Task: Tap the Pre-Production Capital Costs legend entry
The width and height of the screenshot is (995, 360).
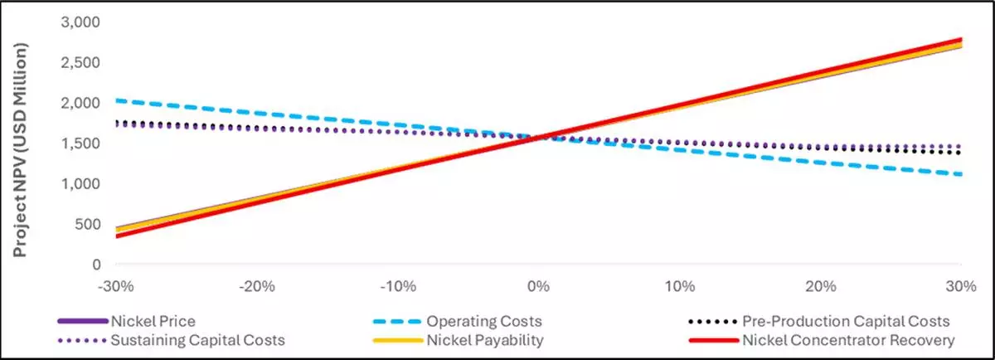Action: point(847,320)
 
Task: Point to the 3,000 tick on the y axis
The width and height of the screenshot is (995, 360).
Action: point(81,22)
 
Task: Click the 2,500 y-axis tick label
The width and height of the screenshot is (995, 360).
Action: point(81,62)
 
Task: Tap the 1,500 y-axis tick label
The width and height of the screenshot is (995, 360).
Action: point(81,143)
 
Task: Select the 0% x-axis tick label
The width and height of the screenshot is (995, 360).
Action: point(538,287)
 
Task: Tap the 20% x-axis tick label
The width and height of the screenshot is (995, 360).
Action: point(820,287)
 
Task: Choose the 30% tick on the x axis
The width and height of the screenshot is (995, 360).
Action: point(960,287)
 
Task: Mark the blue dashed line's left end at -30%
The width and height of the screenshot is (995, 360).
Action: point(116,100)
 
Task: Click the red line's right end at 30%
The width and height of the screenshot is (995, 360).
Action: point(961,40)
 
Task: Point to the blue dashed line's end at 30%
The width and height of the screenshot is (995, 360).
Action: point(961,174)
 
